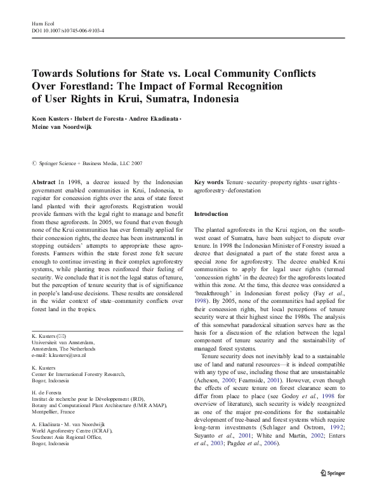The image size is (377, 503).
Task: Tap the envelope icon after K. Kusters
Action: click(x=62, y=335)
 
